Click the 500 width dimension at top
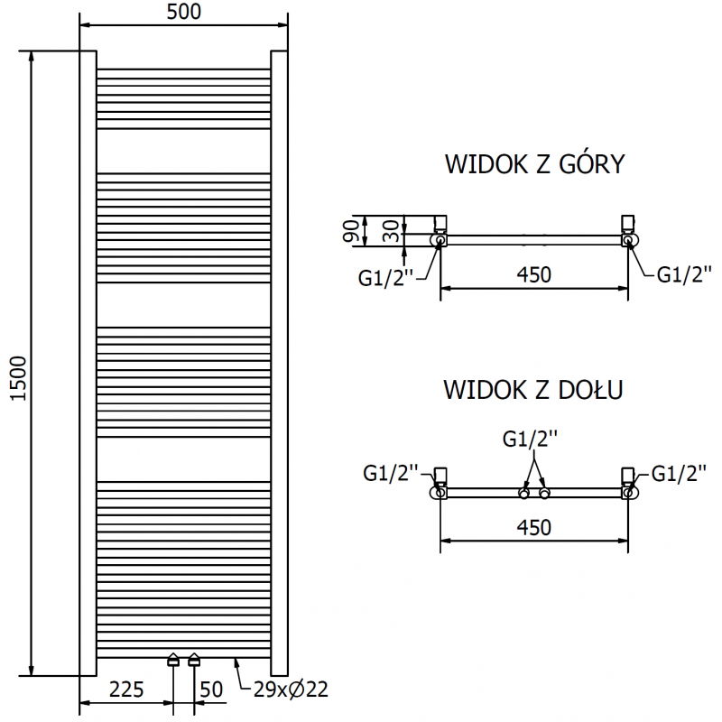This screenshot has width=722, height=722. click(183, 14)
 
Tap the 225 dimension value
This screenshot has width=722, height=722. click(126, 690)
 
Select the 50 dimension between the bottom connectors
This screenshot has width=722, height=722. click(210, 690)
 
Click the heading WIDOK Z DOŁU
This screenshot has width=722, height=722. click(534, 390)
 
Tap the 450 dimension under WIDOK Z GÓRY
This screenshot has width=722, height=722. click(534, 274)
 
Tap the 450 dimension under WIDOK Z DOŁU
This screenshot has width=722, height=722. click(534, 526)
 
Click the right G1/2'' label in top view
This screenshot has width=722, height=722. click(682, 274)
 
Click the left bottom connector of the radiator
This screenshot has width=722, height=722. click(173, 662)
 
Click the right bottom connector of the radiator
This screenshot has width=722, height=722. click(194, 662)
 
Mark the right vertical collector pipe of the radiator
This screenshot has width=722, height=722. click(279, 361)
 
